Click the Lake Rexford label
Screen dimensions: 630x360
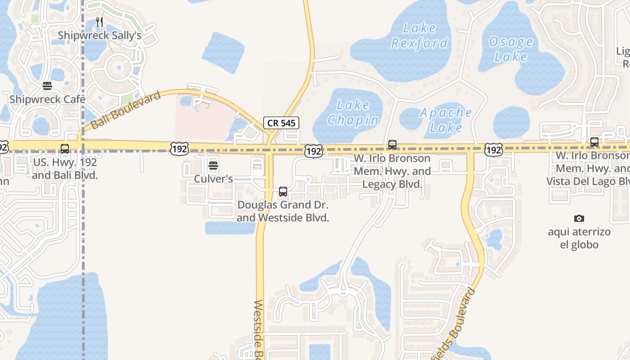click(x=419, y=36)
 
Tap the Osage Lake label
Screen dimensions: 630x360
click(x=511, y=49)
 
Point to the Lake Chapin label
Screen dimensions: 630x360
click(x=353, y=112)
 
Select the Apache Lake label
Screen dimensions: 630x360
click(x=445, y=120)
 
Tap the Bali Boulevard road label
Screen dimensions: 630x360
click(x=126, y=110)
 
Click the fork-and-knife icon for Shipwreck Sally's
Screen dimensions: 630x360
click(x=100, y=22)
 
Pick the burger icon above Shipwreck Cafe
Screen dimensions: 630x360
click(x=47, y=86)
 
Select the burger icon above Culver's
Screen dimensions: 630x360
click(x=213, y=166)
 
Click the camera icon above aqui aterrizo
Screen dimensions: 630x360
click(x=579, y=219)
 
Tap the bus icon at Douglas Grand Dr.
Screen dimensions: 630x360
click(x=283, y=192)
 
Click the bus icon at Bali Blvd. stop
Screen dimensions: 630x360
click(x=65, y=149)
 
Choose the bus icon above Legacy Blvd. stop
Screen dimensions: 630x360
click(x=392, y=145)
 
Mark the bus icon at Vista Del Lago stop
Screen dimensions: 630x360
click(x=594, y=142)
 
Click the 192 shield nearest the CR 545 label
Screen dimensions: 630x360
click(x=313, y=151)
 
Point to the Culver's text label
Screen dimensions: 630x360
click(x=213, y=179)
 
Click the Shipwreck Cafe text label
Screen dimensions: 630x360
click(x=47, y=99)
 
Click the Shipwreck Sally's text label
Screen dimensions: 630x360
click(x=100, y=36)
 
